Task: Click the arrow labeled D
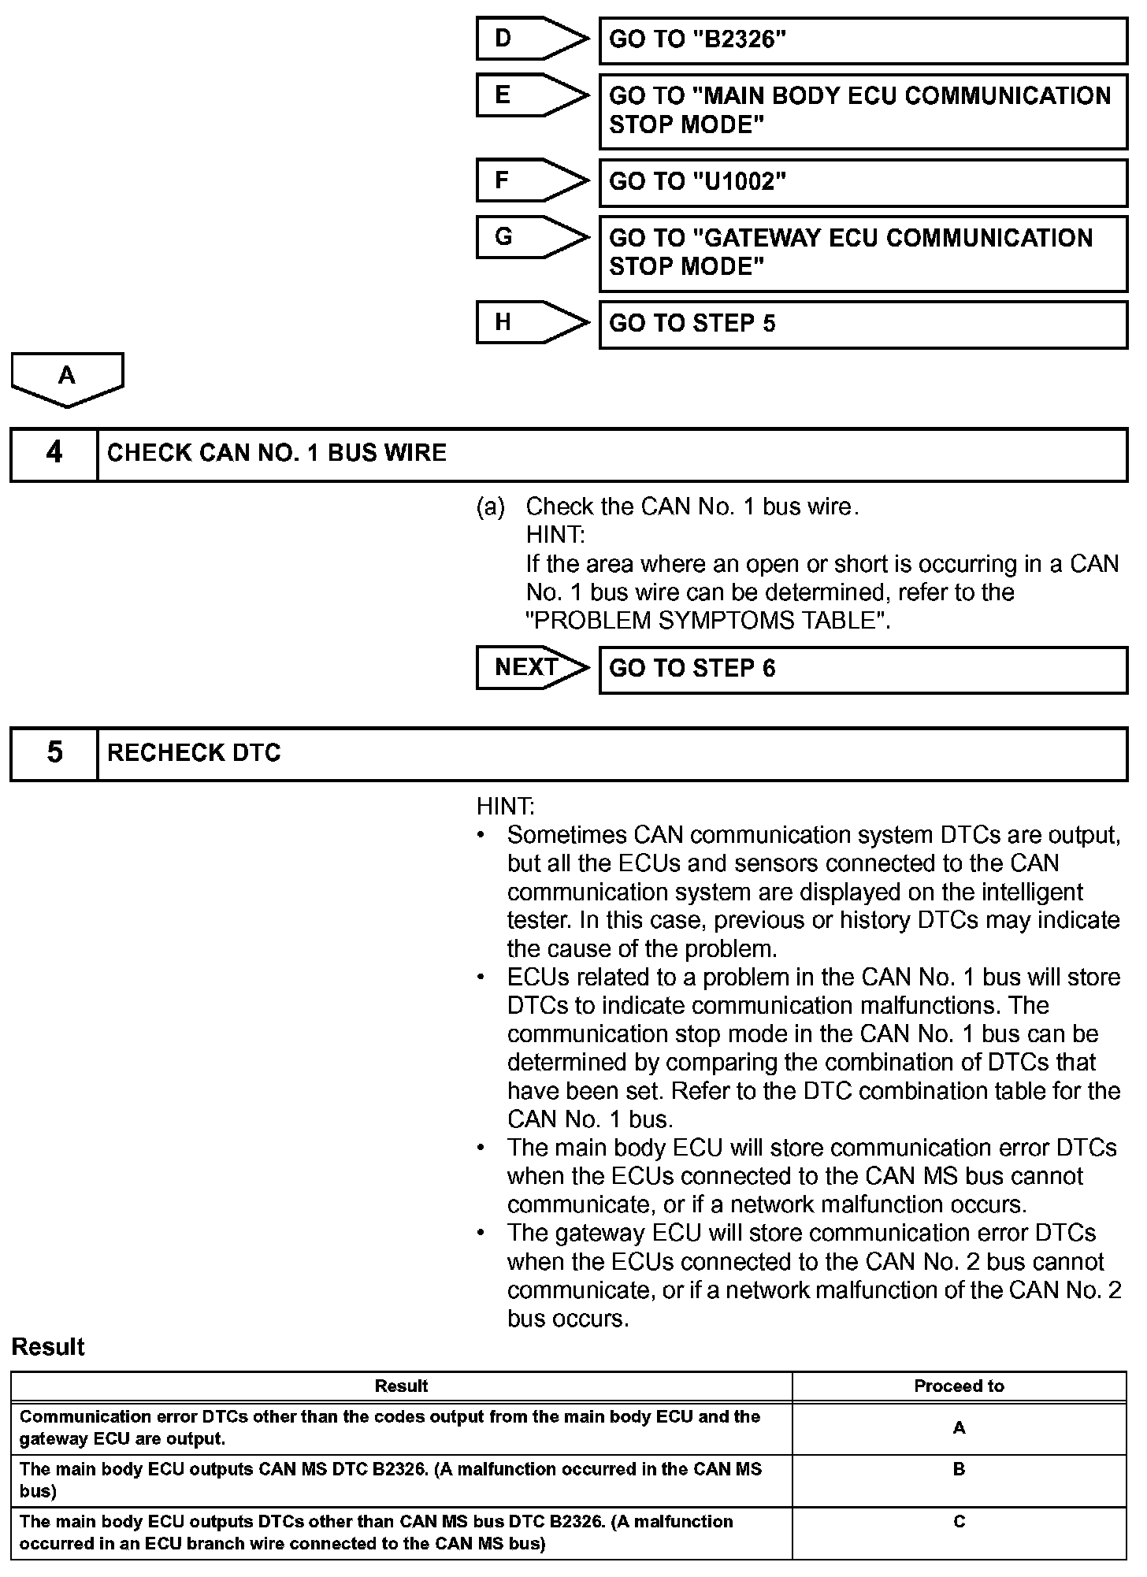pyautogui.click(x=532, y=39)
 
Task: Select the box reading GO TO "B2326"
pyautogui.click(x=863, y=41)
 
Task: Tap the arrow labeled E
pyautogui.click(x=532, y=95)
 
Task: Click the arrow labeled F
pyautogui.click(x=532, y=180)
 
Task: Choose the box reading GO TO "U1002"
pyautogui.click(x=863, y=183)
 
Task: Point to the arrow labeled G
pyautogui.click(x=532, y=237)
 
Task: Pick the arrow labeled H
pyautogui.click(x=532, y=322)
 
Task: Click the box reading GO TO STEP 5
pyautogui.click(x=863, y=325)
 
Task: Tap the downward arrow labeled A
pyautogui.click(x=68, y=379)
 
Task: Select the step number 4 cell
pyautogui.click(x=54, y=454)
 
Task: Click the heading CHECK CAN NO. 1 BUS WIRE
pyautogui.click(x=277, y=453)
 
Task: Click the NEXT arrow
pyautogui.click(x=532, y=668)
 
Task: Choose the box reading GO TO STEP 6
pyautogui.click(x=863, y=670)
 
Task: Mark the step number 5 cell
pyautogui.click(x=54, y=753)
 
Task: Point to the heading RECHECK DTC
pyautogui.click(x=194, y=753)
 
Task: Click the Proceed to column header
pyautogui.click(x=959, y=1386)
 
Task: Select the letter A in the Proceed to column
pyautogui.click(x=959, y=1428)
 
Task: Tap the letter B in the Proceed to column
pyautogui.click(x=959, y=1469)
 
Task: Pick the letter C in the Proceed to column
pyautogui.click(x=959, y=1521)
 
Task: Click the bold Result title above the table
pyautogui.click(x=48, y=1347)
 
